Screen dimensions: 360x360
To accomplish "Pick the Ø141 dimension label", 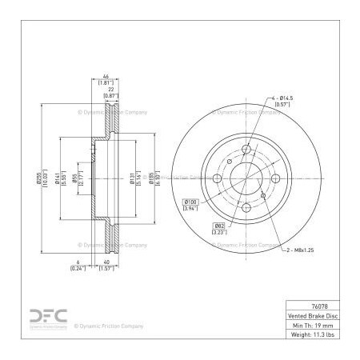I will click(x=59, y=181).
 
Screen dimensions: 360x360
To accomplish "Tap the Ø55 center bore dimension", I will click(x=75, y=181).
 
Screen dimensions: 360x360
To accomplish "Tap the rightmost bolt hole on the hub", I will click(x=274, y=179).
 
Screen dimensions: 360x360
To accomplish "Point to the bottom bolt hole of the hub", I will click(x=246, y=207).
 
